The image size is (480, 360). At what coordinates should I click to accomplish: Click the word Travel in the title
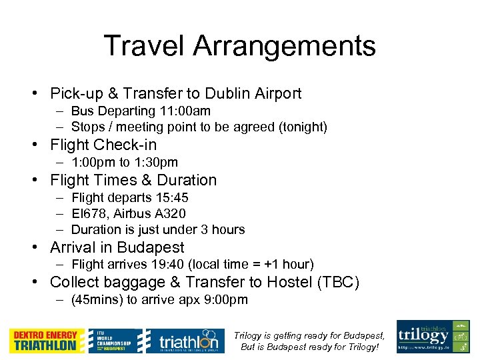(x=144, y=47)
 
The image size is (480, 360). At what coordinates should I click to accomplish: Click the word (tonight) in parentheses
(x=303, y=127)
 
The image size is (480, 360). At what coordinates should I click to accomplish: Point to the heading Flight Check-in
(x=103, y=145)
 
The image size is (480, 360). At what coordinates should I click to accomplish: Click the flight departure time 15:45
(x=170, y=198)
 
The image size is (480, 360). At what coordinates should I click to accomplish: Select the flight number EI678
(x=87, y=214)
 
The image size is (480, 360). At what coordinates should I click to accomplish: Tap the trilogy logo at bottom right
(x=433, y=337)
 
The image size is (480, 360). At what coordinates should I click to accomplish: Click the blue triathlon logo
(x=181, y=341)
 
